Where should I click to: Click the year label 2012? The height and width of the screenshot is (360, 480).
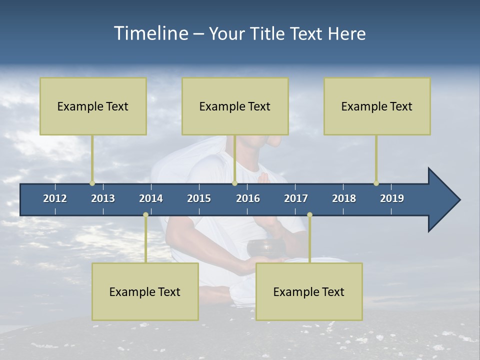tap(55, 198)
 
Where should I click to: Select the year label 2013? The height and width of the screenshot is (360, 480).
tap(103, 198)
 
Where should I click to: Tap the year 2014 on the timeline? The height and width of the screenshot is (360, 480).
tap(151, 198)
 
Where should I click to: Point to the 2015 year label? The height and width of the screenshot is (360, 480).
tap(199, 198)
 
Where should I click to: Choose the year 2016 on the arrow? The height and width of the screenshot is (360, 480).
tap(248, 198)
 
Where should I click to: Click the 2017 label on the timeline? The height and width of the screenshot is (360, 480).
tap(296, 198)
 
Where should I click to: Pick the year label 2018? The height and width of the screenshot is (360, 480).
tap(344, 198)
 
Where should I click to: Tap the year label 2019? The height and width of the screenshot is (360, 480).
tap(392, 198)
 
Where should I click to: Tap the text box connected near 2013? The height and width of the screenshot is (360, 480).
tap(93, 106)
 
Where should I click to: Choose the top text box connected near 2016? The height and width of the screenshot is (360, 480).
tap(235, 106)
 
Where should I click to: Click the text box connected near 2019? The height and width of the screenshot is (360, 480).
tap(377, 106)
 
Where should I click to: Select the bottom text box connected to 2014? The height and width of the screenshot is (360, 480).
tap(145, 291)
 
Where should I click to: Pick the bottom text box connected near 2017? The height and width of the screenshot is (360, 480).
tap(309, 291)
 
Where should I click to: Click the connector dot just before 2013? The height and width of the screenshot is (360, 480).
tap(92, 183)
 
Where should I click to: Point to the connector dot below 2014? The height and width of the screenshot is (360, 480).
tap(145, 215)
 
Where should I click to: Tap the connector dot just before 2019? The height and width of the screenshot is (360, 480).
tap(376, 183)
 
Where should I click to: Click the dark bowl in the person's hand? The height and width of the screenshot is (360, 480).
tap(260, 248)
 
